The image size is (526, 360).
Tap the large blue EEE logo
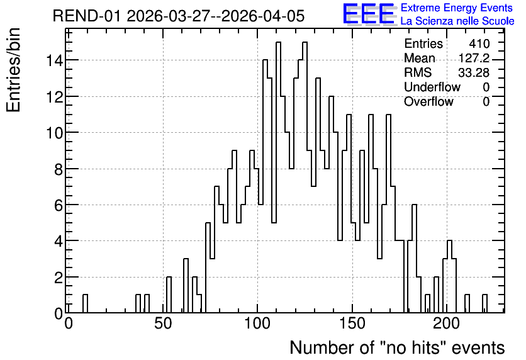[x=368, y=14]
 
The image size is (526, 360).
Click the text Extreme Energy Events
[x=457, y=8]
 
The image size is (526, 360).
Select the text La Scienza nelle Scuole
[x=457, y=21]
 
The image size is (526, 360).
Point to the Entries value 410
[x=479, y=43]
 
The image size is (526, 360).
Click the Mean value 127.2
[x=474, y=58]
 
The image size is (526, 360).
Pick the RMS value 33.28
[x=474, y=72]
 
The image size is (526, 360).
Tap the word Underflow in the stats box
[x=432, y=87]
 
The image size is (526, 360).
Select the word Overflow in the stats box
[x=428, y=101]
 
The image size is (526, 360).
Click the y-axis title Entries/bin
[x=14, y=70]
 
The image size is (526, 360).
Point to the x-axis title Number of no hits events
[x=397, y=347]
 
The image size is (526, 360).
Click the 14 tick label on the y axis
[x=54, y=60]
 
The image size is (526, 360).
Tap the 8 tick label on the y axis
[x=59, y=169]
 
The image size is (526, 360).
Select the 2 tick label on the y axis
[x=59, y=278]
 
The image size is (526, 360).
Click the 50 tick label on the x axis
[x=163, y=323]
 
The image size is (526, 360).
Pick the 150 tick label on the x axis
[x=352, y=323]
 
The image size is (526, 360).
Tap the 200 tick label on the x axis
[x=447, y=323]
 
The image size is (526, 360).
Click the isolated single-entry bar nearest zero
[x=85, y=303]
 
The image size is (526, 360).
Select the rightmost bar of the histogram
[x=484, y=303]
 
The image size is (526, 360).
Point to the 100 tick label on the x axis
[x=257, y=323]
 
